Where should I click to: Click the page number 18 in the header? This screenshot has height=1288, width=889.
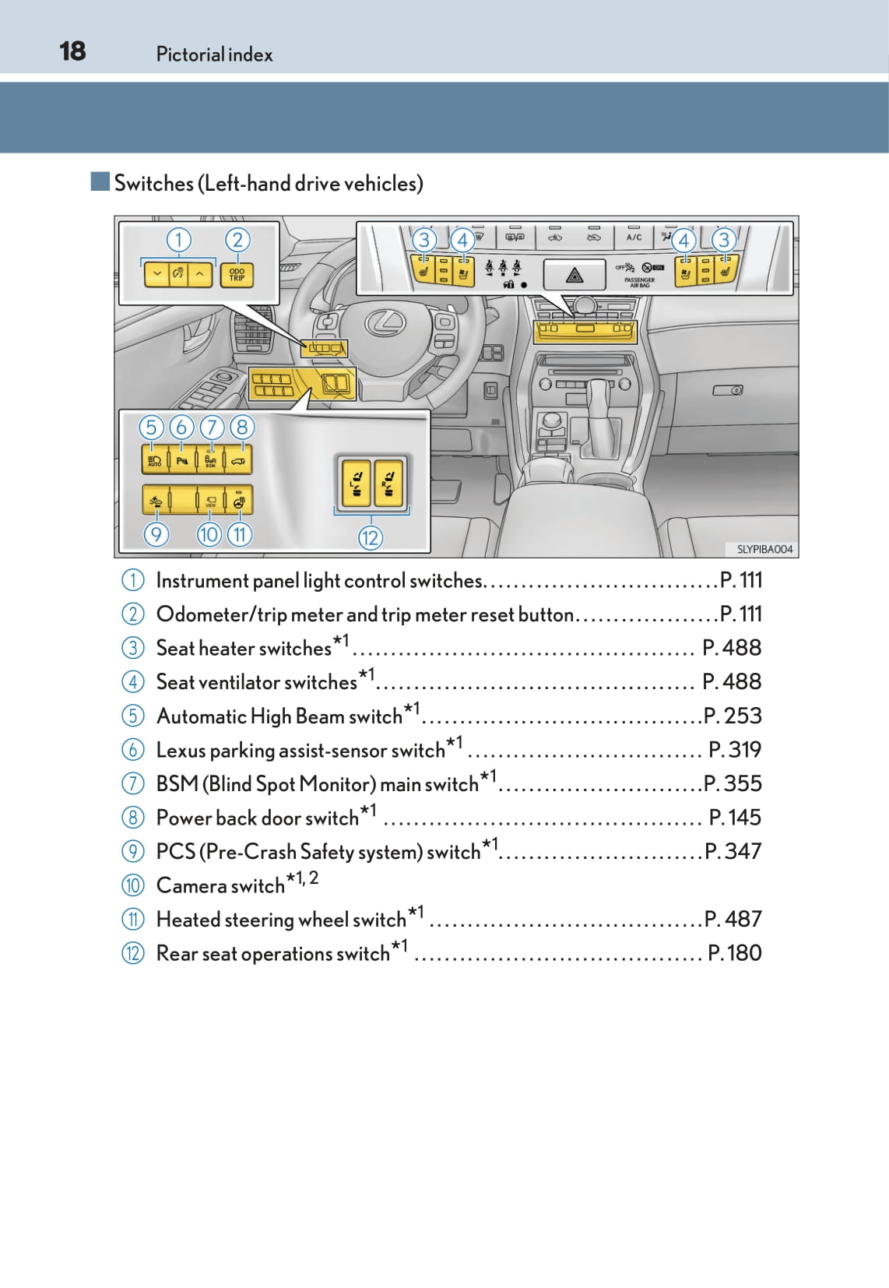tap(72, 51)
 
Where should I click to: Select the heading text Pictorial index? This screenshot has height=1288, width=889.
tap(214, 55)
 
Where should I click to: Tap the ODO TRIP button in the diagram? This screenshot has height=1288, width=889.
tap(237, 275)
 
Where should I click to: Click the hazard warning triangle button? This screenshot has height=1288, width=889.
tap(575, 274)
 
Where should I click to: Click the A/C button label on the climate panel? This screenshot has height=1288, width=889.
tap(634, 237)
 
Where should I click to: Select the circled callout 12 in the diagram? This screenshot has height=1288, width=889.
tap(371, 537)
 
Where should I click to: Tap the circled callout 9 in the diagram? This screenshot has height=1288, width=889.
tap(156, 534)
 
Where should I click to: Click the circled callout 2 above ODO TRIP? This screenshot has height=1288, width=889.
tap(237, 240)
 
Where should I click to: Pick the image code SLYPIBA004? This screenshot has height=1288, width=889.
tap(764, 549)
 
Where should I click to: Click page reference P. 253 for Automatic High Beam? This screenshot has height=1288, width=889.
tap(733, 716)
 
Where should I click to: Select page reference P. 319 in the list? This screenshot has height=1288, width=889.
tap(735, 750)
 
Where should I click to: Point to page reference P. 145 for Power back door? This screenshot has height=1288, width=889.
tap(735, 818)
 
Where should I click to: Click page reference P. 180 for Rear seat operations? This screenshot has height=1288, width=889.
tap(734, 953)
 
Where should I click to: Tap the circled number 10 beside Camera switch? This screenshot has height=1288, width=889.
tap(133, 885)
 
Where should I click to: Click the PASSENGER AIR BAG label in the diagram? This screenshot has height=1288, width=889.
tap(639, 282)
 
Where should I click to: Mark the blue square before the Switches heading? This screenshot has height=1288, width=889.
tap(100, 182)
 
